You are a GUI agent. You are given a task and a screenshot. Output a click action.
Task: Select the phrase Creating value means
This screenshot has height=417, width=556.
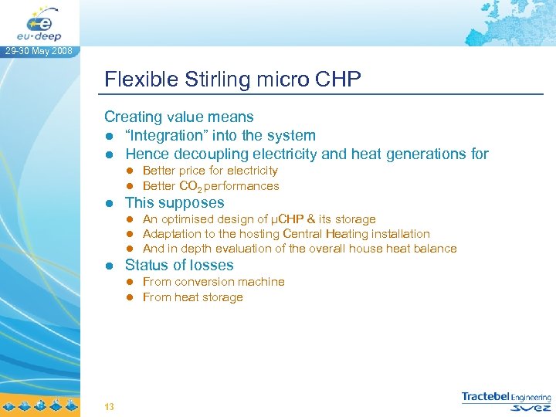(179, 117)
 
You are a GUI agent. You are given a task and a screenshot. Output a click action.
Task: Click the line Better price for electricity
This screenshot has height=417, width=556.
(210, 171)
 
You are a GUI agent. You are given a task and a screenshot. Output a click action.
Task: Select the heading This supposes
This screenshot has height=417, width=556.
(175, 203)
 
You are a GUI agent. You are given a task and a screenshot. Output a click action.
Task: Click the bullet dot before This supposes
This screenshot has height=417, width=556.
(110, 204)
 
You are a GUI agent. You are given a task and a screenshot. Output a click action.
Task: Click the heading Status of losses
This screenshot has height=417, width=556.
(179, 265)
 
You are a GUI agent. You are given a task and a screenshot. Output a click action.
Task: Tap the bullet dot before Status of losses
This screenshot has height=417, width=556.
(110, 266)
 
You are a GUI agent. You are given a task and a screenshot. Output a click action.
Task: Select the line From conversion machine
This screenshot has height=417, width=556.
(213, 282)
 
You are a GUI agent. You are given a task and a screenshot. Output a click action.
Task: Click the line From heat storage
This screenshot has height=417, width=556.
(192, 297)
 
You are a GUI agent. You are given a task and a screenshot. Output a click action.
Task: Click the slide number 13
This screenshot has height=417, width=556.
(109, 406)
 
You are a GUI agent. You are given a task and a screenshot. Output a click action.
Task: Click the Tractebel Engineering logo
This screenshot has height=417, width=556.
(507, 401)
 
